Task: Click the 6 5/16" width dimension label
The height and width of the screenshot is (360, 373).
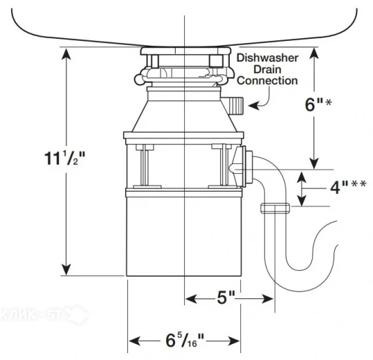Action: pyautogui.click(x=184, y=341)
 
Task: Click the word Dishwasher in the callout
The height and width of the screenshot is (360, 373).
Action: pyautogui.click(x=268, y=58)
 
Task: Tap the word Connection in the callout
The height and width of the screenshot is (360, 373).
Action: pyautogui.click(x=268, y=81)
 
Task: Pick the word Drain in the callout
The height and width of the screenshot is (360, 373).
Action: pyautogui.click(x=267, y=69)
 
